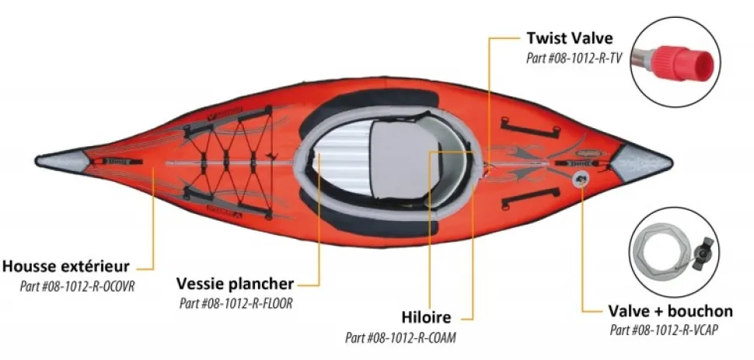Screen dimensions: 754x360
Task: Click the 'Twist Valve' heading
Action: [x=569, y=37]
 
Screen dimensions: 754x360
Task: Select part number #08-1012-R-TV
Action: [x=574, y=58]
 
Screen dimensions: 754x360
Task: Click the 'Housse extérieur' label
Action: [x=66, y=266]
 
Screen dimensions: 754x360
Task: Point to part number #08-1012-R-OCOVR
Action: [x=77, y=286]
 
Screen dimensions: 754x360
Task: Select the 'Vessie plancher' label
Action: [x=235, y=284]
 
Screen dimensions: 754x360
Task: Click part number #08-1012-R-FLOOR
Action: [x=236, y=304]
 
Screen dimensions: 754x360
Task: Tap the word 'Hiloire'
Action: [x=426, y=318]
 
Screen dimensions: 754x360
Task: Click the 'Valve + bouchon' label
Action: [x=670, y=311]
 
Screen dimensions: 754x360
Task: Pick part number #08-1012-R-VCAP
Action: [x=665, y=330]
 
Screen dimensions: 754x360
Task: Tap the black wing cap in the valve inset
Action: [x=704, y=248]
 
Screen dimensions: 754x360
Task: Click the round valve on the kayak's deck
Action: [x=581, y=180]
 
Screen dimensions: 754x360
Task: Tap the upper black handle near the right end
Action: [x=530, y=126]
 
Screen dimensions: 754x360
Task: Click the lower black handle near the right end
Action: [x=530, y=197]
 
